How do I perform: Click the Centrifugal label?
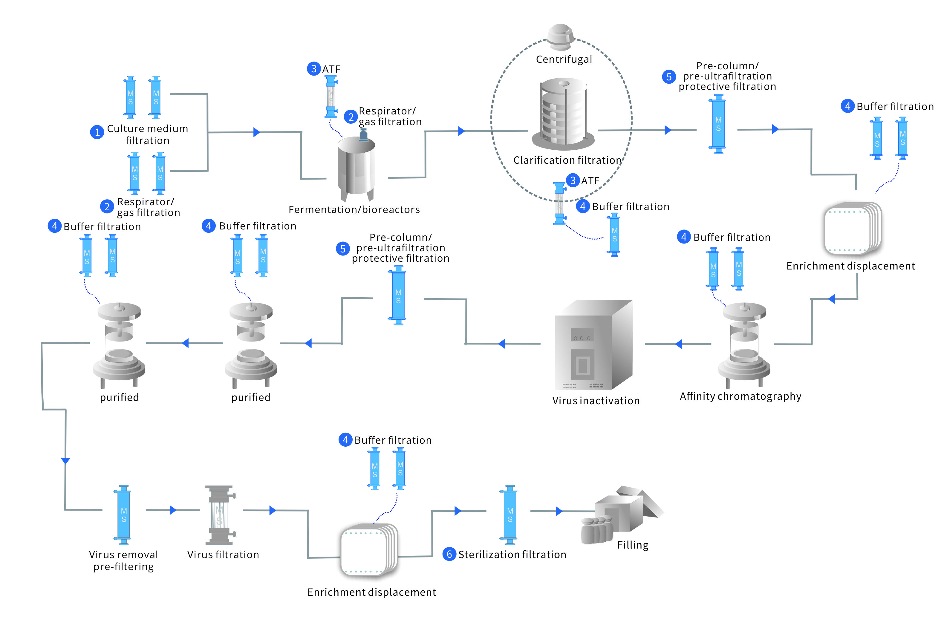564,59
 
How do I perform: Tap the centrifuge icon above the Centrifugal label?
560,36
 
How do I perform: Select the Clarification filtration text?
567,160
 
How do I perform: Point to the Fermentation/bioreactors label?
354,209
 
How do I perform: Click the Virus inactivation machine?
593,344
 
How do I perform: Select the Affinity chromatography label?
740,396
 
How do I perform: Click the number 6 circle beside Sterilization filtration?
449,554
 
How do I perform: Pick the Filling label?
633,545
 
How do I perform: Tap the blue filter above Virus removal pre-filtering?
124,515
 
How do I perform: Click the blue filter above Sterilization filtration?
510,515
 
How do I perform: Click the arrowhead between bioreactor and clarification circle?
461,131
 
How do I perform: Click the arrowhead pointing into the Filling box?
559,511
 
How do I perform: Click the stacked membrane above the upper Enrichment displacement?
852,230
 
